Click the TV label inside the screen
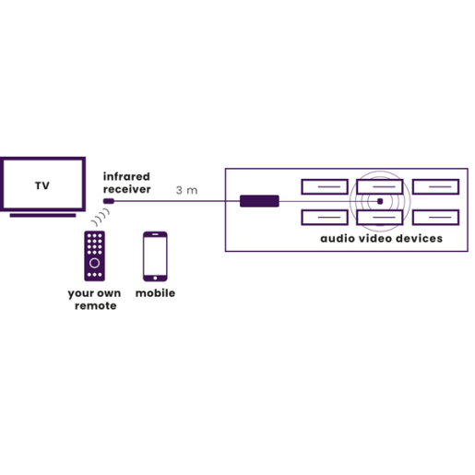click(42, 185)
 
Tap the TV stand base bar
click(42, 215)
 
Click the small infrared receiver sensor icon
click(109, 201)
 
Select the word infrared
click(126, 176)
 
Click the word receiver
click(126, 189)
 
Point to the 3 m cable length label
click(186, 190)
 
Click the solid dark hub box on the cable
click(259, 201)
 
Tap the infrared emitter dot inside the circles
click(380, 201)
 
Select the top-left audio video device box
click(325, 186)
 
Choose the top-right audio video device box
click(436, 186)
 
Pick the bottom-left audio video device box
click(325, 218)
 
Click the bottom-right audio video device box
click(436, 218)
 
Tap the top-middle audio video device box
click(380, 186)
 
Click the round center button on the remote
click(94, 263)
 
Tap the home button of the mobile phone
click(155, 278)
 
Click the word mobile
click(155, 293)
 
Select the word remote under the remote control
click(96, 305)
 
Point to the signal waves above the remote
click(101, 217)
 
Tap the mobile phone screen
click(155, 255)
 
